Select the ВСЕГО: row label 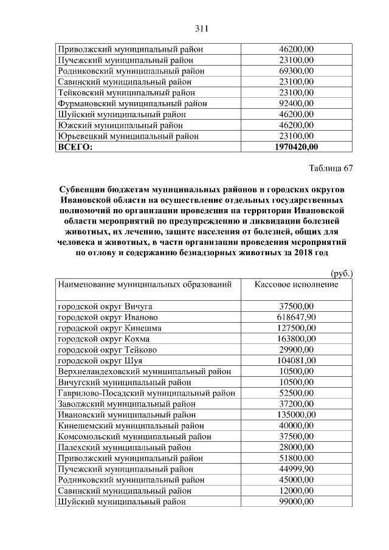pos(72,146)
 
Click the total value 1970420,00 pos(296,146)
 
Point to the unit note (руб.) pos(342,274)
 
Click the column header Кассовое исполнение pos(296,284)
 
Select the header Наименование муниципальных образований pos(145,284)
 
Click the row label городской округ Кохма pos(103,339)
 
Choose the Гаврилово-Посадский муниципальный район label pos(146,393)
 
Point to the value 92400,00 pos(296,103)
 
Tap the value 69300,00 pos(296,70)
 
